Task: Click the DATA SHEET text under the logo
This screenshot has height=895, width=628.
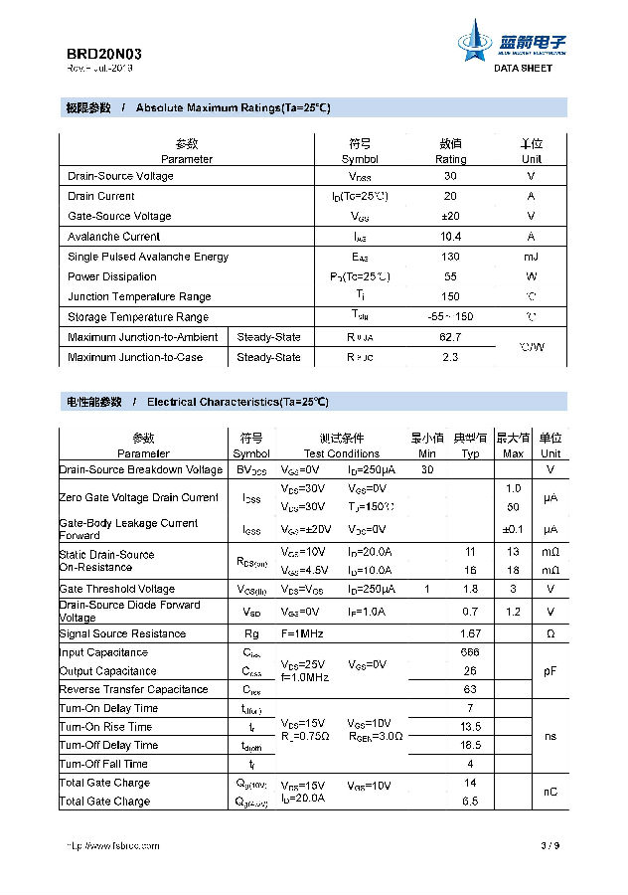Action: click(x=523, y=68)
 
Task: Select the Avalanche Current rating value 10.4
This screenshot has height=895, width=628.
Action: click(x=450, y=237)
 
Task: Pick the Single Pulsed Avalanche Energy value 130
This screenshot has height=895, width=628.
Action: click(x=450, y=257)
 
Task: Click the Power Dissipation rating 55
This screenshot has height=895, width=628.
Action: click(x=450, y=276)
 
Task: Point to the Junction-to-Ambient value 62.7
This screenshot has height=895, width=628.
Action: click(x=450, y=337)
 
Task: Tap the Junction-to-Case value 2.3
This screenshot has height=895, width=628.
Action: click(x=450, y=357)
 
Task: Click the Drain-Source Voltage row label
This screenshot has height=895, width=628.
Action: click(x=120, y=176)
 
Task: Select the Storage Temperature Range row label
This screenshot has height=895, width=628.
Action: click(x=138, y=317)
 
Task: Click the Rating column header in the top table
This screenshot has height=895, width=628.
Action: click(x=450, y=159)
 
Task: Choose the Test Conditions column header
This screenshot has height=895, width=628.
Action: click(x=341, y=453)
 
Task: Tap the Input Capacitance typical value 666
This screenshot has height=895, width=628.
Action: click(x=470, y=652)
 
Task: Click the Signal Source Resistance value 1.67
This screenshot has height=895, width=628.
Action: click(x=470, y=633)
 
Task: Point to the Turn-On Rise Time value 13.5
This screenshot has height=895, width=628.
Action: click(x=470, y=727)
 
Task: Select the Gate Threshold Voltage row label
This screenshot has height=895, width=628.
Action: click(x=117, y=589)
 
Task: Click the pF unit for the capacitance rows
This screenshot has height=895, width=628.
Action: click(x=549, y=671)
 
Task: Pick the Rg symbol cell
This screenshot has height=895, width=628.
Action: click(x=251, y=633)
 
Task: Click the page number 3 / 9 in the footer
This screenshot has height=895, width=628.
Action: click(x=550, y=846)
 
